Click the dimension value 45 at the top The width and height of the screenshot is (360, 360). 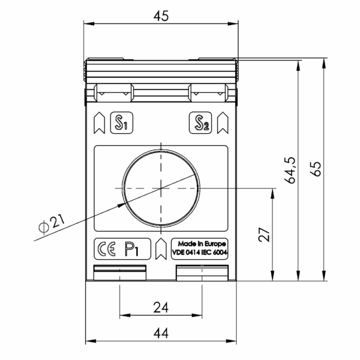[161, 16]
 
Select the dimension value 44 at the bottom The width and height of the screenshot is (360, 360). [161, 333]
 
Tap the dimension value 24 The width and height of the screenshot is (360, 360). [161, 307]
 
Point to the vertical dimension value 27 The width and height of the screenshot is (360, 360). [264, 235]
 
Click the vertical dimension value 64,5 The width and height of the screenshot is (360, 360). [290, 170]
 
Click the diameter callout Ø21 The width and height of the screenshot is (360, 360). [52, 223]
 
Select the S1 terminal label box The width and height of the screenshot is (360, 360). [122, 123]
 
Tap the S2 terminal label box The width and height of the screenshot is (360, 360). [200, 123]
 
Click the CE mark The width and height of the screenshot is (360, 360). [107, 249]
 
